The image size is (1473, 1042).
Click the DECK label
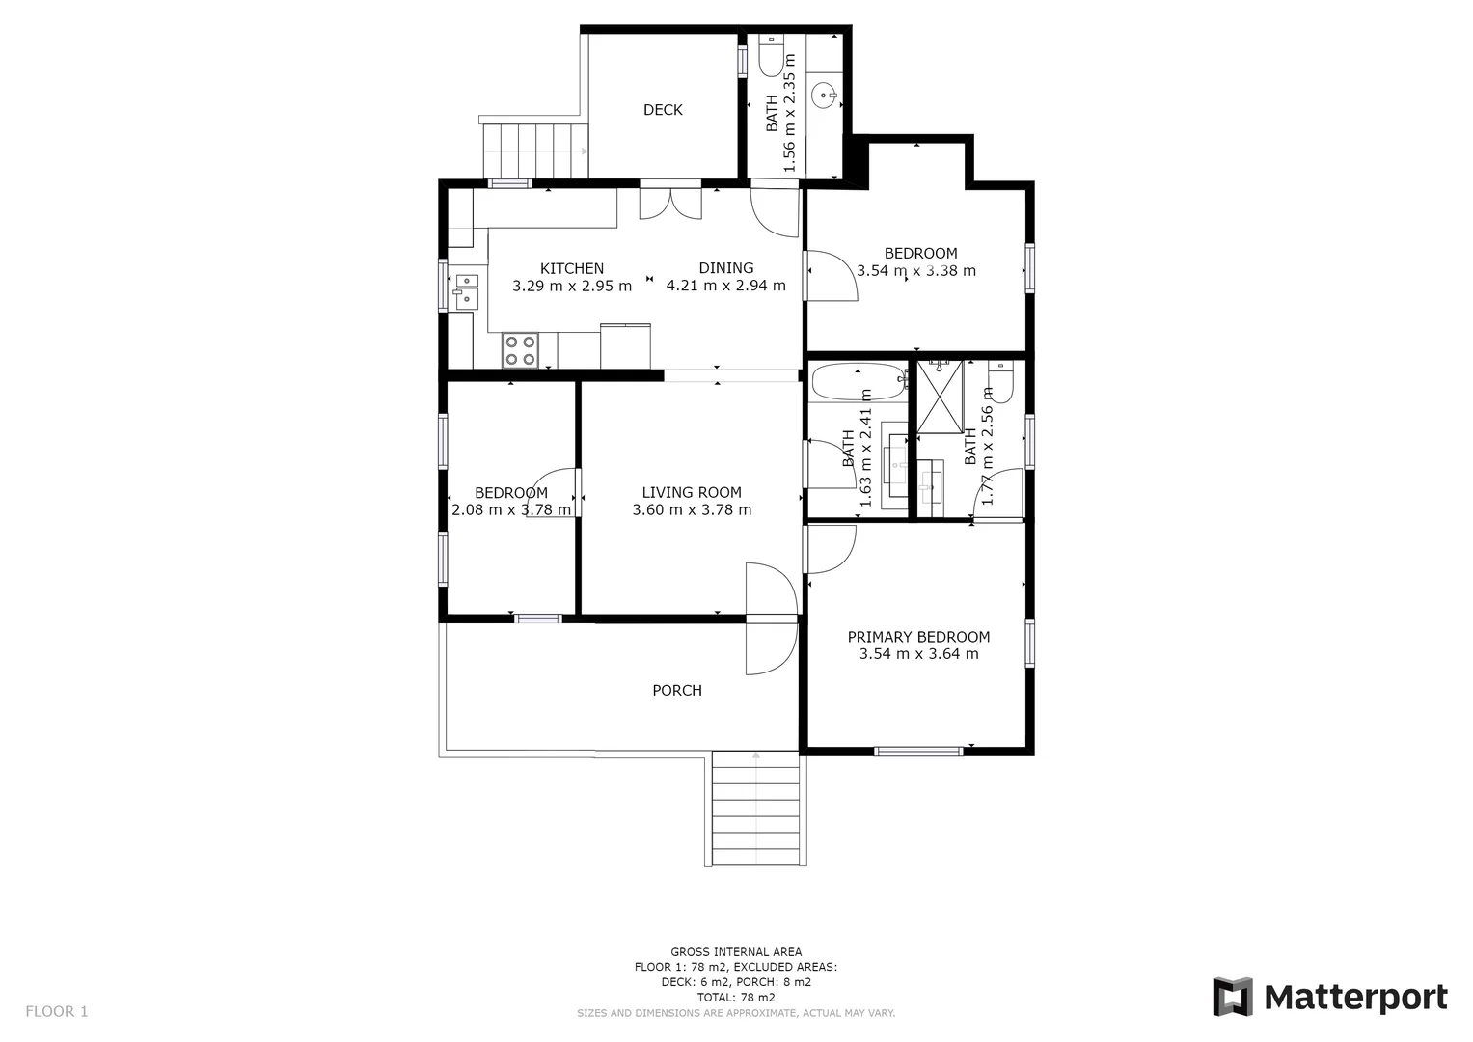pyautogui.click(x=663, y=110)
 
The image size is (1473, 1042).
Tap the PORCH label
pyautogui.click(x=677, y=690)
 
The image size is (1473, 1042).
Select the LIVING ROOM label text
pyautogui.click(x=692, y=492)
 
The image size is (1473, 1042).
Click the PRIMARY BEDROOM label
pyautogui.click(x=918, y=637)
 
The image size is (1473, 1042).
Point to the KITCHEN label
pyautogui.click(x=572, y=268)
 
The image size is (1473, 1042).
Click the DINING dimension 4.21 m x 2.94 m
pyautogui.click(x=726, y=286)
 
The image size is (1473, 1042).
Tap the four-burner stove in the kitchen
pyautogui.click(x=520, y=350)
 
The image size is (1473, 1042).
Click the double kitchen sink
pyautogui.click(x=466, y=290)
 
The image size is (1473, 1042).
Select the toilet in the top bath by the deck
pyautogui.click(x=771, y=57)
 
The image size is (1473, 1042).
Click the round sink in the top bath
pyautogui.click(x=824, y=96)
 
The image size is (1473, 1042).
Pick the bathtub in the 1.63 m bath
pyautogui.click(x=858, y=382)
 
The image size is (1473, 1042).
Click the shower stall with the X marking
pyautogui.click(x=940, y=397)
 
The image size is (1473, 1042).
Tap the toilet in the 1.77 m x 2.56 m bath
pyautogui.click(x=1000, y=382)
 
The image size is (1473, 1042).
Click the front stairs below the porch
pyautogui.click(x=756, y=809)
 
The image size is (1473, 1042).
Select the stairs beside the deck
pyautogui.click(x=534, y=151)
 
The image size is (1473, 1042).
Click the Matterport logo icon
pyautogui.click(x=1232, y=997)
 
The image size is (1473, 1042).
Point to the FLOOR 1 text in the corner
pyautogui.click(x=56, y=1011)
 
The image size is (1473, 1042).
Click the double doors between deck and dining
pyautogui.click(x=671, y=203)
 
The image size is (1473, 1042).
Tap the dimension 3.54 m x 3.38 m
pyautogui.click(x=916, y=271)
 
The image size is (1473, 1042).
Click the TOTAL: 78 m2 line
pyautogui.click(x=736, y=998)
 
